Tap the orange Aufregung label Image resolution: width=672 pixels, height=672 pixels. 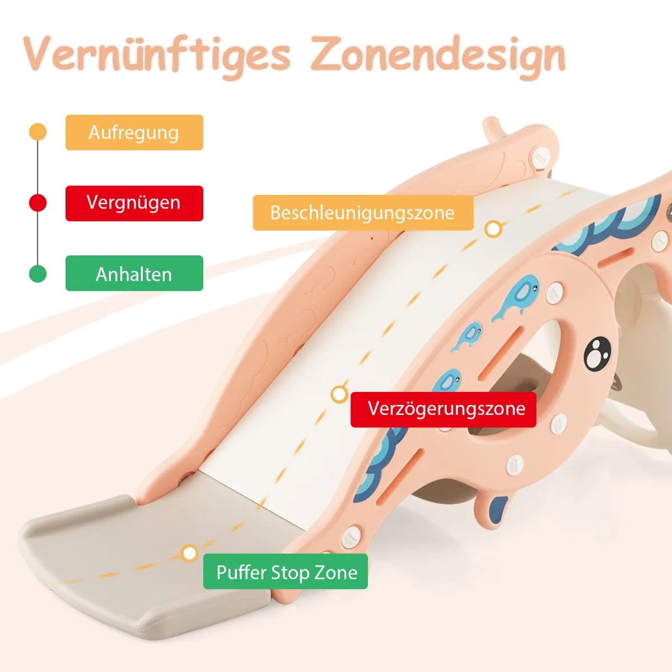click(134, 133)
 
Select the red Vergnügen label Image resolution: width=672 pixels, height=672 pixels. click(134, 203)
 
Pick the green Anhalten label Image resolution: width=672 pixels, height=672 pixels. click(134, 274)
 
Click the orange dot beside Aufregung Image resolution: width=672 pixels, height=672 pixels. click(38, 132)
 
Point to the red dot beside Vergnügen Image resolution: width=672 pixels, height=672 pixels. click(38, 203)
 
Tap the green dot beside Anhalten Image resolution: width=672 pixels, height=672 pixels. click(38, 274)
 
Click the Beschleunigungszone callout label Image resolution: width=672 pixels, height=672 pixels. click(362, 213)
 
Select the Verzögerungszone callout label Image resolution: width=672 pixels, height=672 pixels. click(444, 409)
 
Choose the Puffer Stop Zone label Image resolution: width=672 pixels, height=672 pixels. click(286, 572)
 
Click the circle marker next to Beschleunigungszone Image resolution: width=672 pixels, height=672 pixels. click(493, 228)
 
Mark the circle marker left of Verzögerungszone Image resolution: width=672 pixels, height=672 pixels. click(339, 394)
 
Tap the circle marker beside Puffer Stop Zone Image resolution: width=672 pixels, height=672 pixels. click(190, 553)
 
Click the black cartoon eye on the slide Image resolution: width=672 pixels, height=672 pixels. click(597, 353)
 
